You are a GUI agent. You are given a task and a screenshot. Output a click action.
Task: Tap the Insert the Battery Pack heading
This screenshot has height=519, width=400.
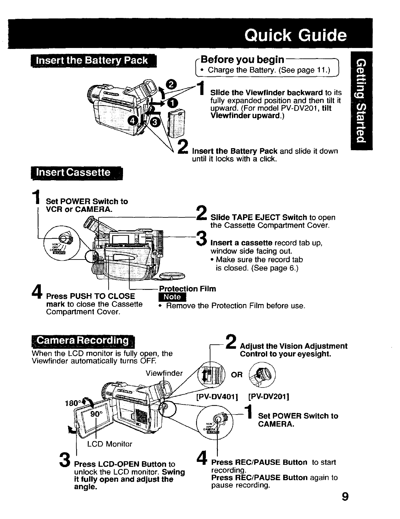tap(92, 61)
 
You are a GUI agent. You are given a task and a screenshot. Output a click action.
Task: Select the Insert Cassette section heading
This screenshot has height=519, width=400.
tap(74, 172)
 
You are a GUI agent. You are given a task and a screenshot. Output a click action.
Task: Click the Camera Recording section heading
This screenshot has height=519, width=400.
tap(83, 340)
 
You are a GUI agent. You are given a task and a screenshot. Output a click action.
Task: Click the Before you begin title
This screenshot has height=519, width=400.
tap(242, 60)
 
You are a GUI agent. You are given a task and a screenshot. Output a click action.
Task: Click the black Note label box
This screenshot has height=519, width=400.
tap(172, 297)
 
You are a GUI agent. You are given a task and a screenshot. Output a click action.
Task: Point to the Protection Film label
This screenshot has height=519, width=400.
tap(187, 289)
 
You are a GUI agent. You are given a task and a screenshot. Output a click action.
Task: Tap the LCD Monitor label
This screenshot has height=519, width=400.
tap(109, 444)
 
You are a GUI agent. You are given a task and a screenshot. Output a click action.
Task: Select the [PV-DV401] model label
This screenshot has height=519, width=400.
tap(217, 397)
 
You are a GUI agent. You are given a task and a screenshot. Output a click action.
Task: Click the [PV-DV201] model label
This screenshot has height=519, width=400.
tap(269, 397)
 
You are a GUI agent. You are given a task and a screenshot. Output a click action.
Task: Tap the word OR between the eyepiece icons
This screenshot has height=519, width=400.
tap(237, 375)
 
